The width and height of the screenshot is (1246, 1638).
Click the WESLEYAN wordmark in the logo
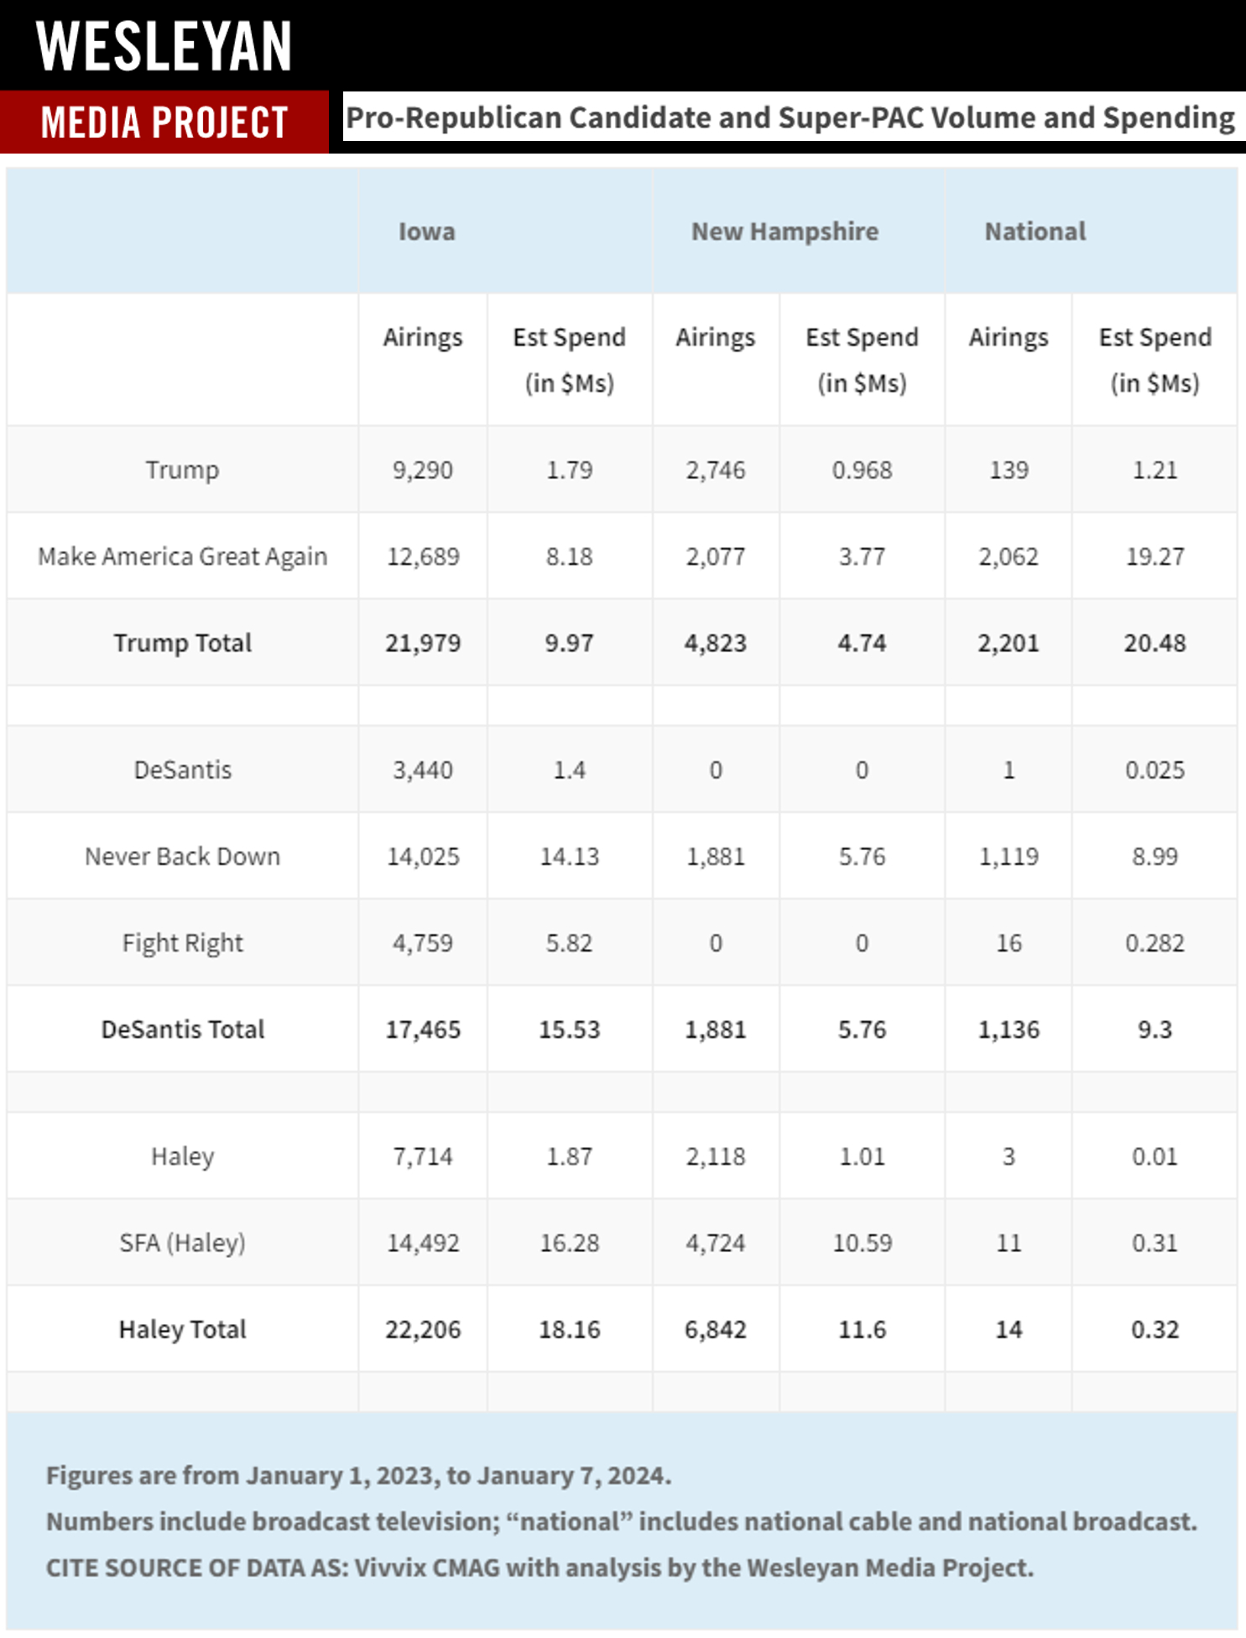(x=164, y=47)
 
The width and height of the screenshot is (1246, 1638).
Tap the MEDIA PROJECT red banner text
(x=164, y=123)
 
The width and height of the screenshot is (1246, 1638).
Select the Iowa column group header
(x=426, y=232)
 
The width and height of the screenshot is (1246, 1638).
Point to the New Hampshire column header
(x=785, y=232)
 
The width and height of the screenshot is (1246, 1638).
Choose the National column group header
(x=1035, y=232)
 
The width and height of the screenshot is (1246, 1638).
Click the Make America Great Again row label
(x=183, y=556)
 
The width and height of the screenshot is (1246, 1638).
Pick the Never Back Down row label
(x=183, y=857)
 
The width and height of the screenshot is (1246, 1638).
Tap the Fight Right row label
(x=183, y=943)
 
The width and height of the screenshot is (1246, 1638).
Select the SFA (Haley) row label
(x=183, y=1243)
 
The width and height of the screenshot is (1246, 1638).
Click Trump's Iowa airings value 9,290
(x=423, y=470)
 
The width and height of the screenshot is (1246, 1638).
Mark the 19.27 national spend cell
(x=1155, y=556)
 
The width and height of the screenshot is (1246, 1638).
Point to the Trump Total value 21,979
(x=423, y=644)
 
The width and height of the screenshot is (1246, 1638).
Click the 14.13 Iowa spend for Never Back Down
(x=570, y=857)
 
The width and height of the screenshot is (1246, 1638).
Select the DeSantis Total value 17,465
(x=423, y=1030)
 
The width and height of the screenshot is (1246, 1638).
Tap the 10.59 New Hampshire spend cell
(x=862, y=1243)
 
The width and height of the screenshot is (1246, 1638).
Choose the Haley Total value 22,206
(x=423, y=1330)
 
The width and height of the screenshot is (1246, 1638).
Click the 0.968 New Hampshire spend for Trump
(x=862, y=470)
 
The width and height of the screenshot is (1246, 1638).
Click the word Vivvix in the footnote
(x=390, y=1568)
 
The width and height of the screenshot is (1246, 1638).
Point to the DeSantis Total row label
(x=183, y=1030)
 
